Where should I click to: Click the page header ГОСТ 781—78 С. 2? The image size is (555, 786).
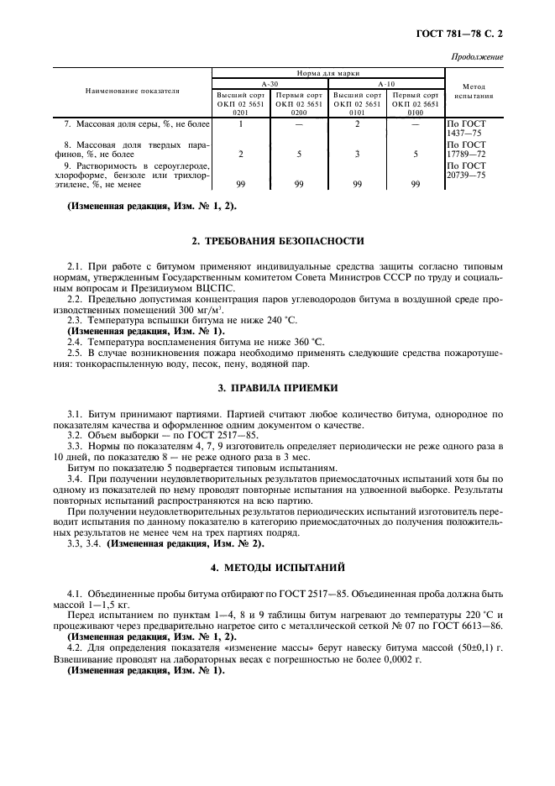[x=463, y=34]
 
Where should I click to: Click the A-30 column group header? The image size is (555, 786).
[x=270, y=85]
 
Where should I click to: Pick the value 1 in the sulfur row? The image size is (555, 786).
[x=240, y=124]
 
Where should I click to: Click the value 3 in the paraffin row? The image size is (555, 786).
[x=357, y=155]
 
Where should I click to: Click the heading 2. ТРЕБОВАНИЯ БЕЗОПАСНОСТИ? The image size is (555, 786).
[x=277, y=241]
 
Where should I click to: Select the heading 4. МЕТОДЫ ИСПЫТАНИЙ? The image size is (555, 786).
[x=277, y=569]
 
